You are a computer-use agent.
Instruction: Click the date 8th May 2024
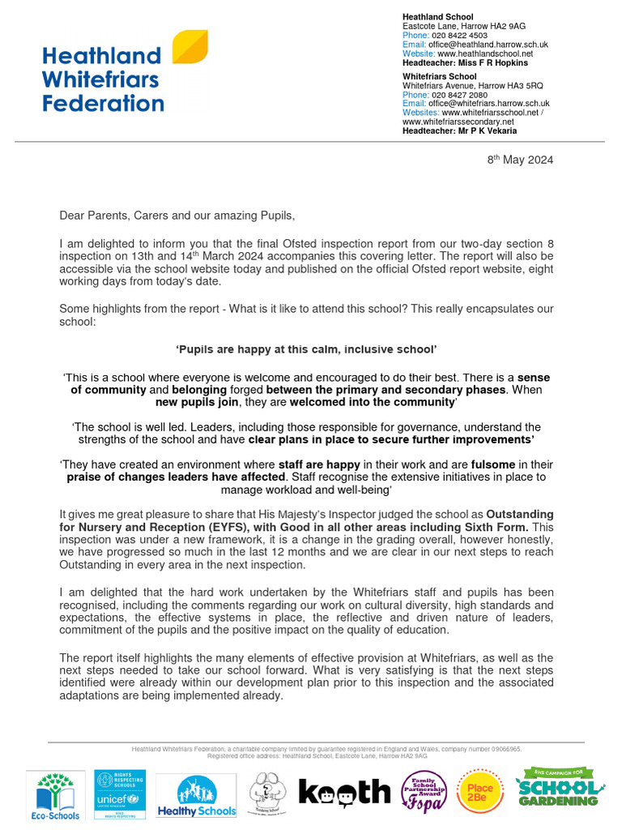[520, 160]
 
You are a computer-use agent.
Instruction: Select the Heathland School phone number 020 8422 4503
[458, 36]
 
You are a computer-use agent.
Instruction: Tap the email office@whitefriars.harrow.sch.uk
[488, 104]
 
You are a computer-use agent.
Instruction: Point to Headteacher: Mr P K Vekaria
[459, 130]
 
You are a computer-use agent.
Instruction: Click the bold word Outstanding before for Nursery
[519, 514]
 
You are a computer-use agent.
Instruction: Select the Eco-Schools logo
[54, 795]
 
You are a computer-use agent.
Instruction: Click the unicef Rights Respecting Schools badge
[120, 794]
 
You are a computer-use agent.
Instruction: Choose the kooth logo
[344, 792]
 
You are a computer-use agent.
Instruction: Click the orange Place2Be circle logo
[481, 791]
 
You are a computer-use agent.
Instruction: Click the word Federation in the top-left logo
[103, 104]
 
